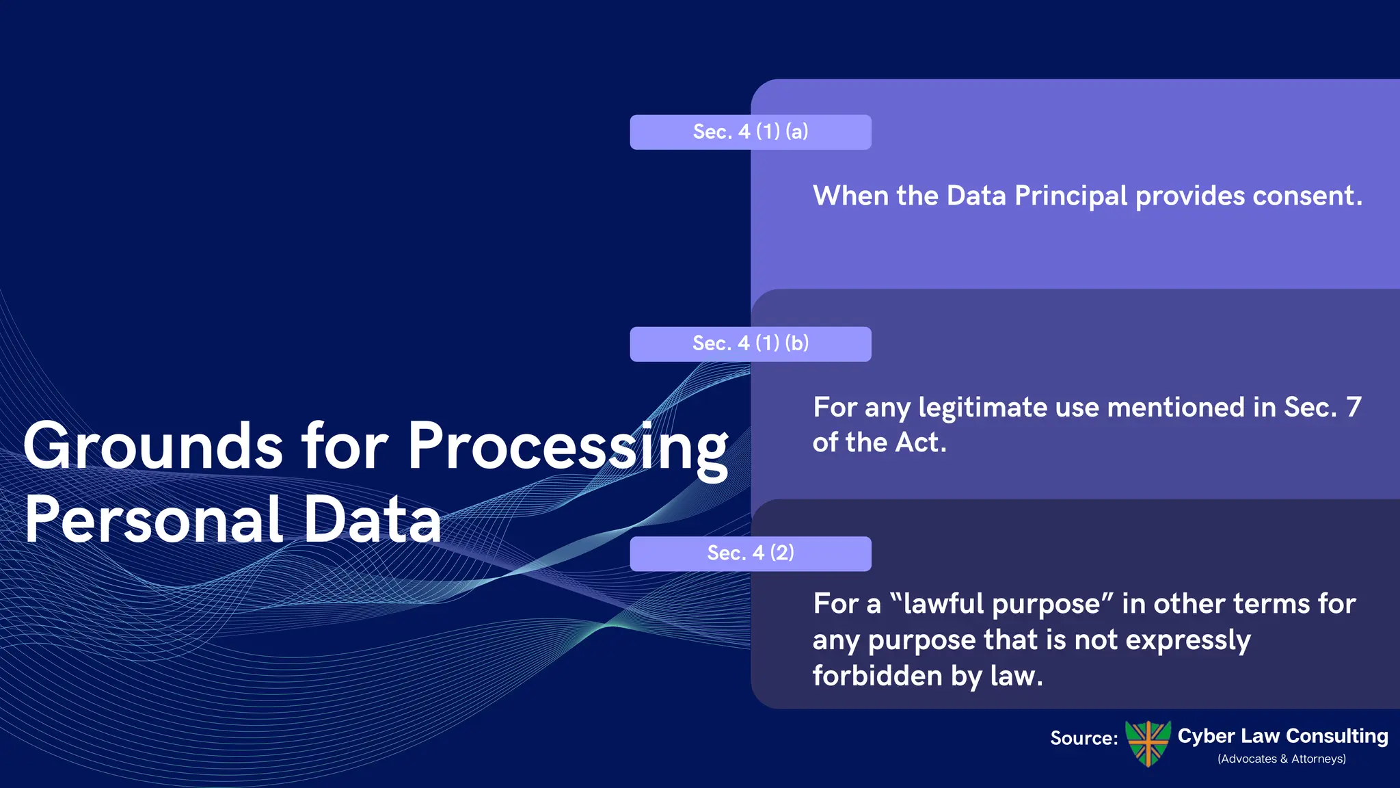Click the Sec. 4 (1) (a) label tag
pos(750,132)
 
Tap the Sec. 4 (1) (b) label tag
pos(750,343)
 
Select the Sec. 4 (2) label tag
pos(750,553)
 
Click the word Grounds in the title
pos(152,447)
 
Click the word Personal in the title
pos(153,520)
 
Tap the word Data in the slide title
pos(372,520)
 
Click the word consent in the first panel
pos(1306,196)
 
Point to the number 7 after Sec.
pos(1354,408)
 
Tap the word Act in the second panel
pos(920,443)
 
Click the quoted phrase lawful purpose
pos(1002,605)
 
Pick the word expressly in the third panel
pos(1187,641)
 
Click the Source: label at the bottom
pos(1083,738)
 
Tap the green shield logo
pos(1148,743)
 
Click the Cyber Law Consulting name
pos(1282,736)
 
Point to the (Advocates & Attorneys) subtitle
pos(1281,759)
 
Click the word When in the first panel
pos(850,196)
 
